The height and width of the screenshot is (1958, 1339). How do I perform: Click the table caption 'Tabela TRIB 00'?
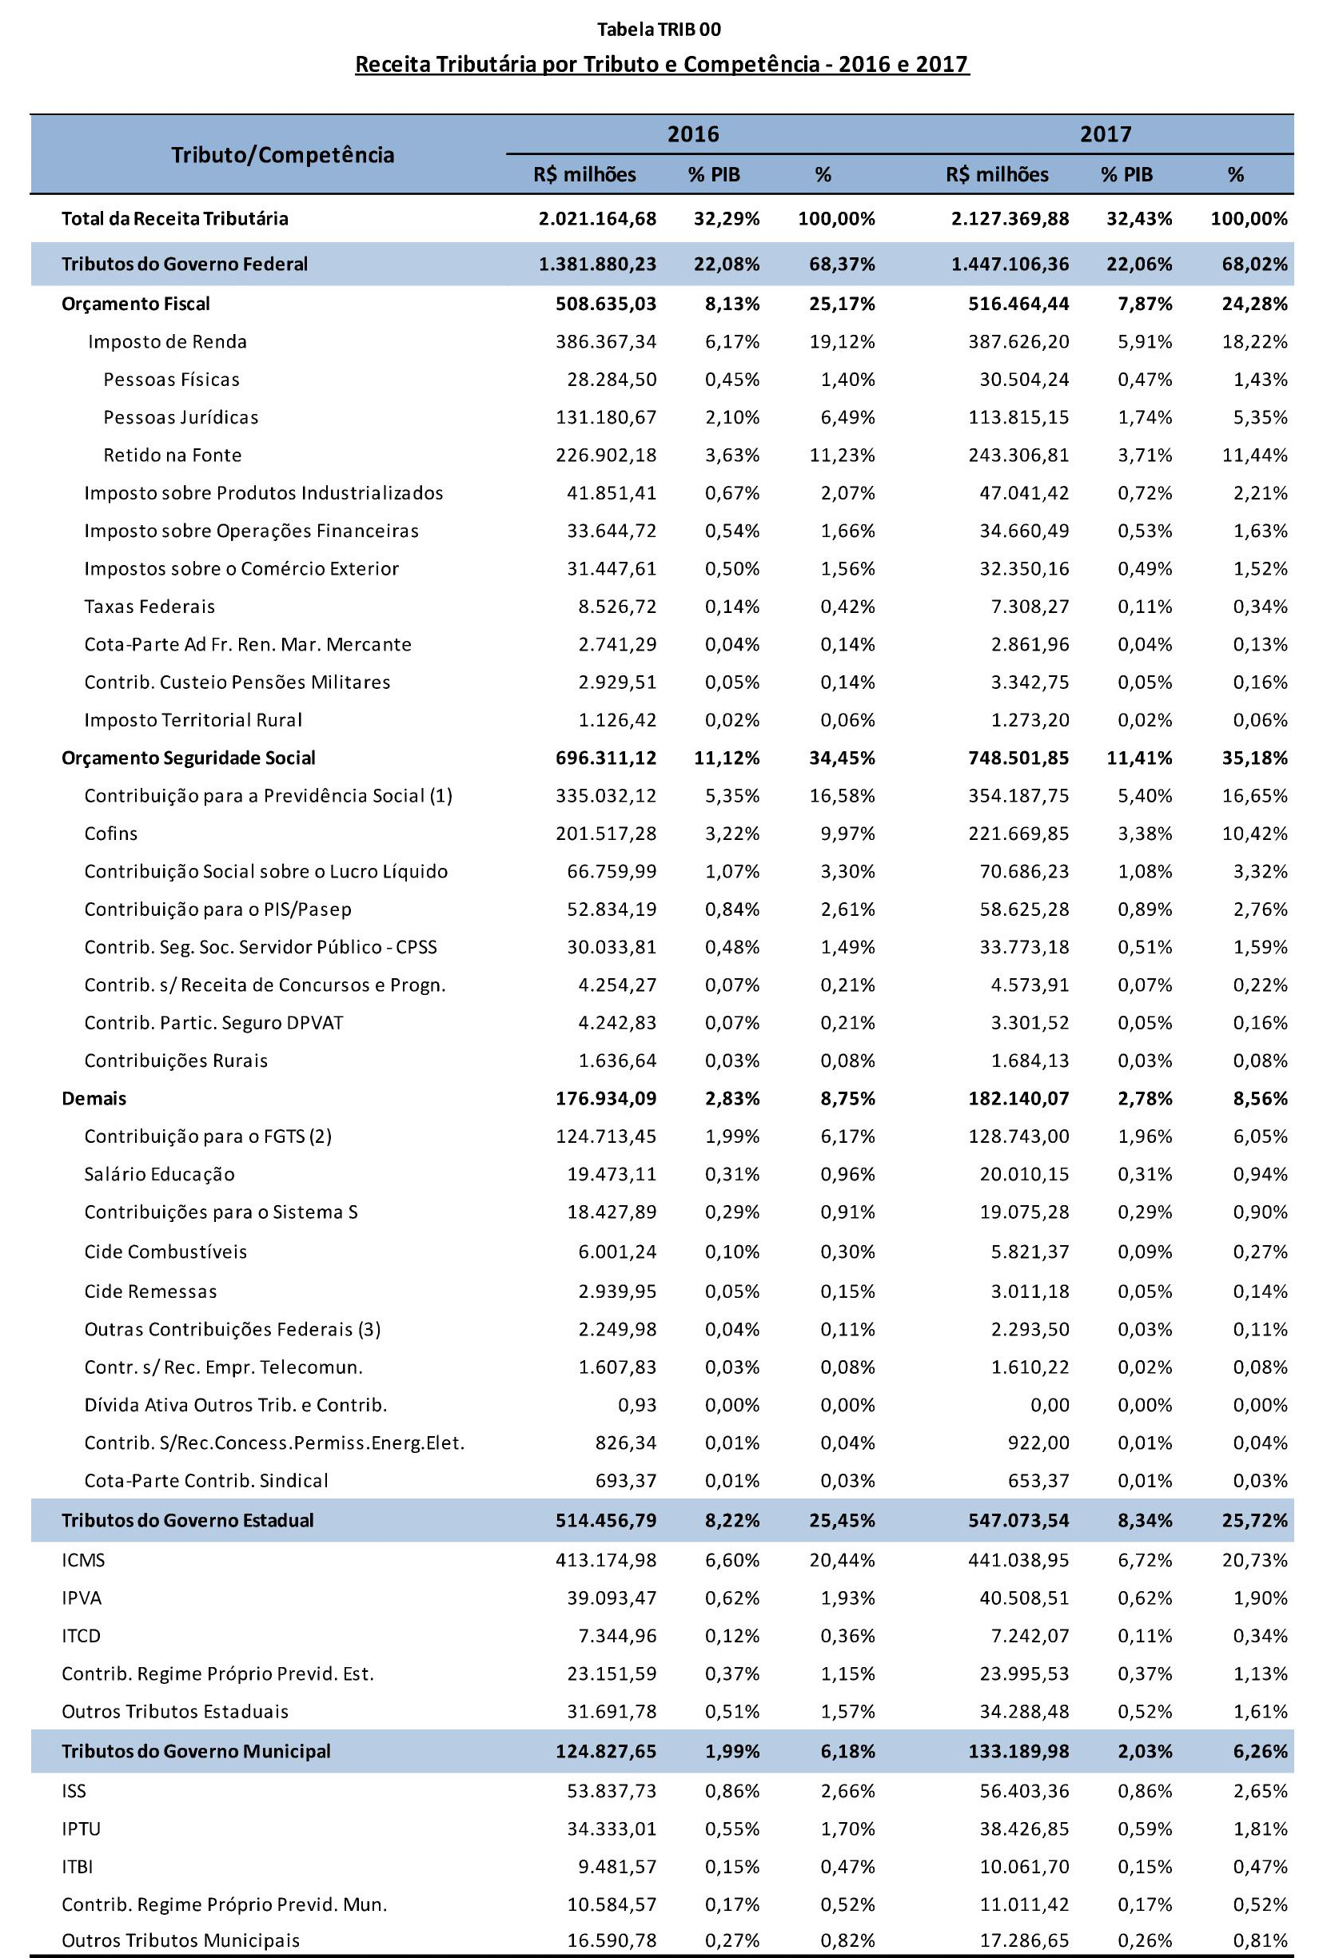coord(659,30)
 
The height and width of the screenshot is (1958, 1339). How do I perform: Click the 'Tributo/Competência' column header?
coord(282,155)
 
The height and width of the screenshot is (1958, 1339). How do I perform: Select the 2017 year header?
coord(1106,134)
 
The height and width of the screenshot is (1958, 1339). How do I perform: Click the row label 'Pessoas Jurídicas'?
coord(181,418)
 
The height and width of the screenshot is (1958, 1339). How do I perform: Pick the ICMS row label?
coord(83,1560)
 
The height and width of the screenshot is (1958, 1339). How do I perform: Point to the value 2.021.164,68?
coord(597,219)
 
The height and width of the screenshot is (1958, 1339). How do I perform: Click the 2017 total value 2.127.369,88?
coord(1010,219)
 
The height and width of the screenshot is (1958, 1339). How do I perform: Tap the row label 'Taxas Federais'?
coord(149,607)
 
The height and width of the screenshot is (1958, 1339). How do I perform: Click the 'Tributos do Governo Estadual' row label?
coord(187,1521)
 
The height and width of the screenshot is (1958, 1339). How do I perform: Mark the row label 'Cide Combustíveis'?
coord(165,1252)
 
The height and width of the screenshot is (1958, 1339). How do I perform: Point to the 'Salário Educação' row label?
coord(159,1175)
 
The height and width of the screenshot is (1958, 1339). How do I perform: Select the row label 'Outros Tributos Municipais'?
coord(181,1941)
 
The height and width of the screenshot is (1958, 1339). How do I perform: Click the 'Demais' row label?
coord(94,1099)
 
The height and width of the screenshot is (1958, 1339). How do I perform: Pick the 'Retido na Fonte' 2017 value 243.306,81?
coord(1018,456)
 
